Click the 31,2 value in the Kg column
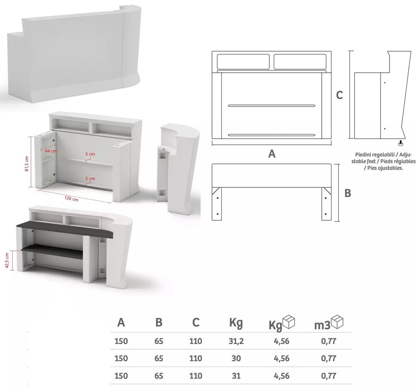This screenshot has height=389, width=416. click(x=236, y=341)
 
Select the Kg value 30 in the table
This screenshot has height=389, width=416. click(x=236, y=359)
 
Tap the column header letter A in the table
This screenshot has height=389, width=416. click(x=121, y=323)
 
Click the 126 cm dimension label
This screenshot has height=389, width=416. click(x=71, y=198)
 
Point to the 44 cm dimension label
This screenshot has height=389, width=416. click(x=51, y=151)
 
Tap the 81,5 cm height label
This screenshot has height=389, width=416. click(x=27, y=163)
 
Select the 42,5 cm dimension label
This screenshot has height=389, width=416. click(x=7, y=260)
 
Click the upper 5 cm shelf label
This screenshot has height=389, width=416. click(x=90, y=154)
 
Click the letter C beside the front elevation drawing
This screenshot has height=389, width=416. click(x=339, y=95)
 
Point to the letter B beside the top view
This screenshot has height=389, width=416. click(x=348, y=193)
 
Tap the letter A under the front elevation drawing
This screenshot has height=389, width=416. click(x=272, y=154)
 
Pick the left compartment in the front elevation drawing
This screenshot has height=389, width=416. click(x=243, y=62)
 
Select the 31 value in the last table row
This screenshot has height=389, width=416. click(x=236, y=376)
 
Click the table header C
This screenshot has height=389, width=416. click(x=196, y=323)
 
